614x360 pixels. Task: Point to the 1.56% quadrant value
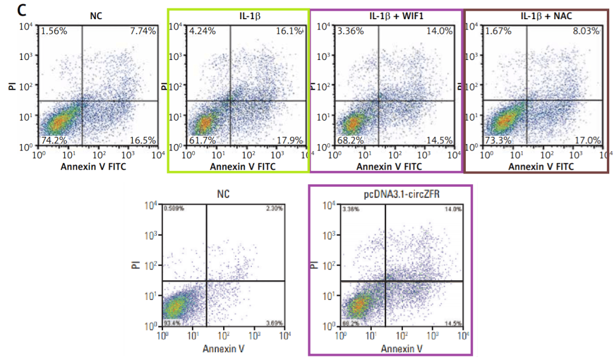(x=52, y=31)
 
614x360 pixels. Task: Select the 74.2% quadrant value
(x=53, y=140)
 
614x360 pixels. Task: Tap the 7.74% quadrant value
(x=143, y=31)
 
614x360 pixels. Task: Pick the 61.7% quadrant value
(x=201, y=140)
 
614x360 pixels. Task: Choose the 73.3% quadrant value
(x=498, y=140)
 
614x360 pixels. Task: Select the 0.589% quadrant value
(x=174, y=209)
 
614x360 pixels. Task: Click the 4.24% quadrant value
(x=201, y=31)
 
